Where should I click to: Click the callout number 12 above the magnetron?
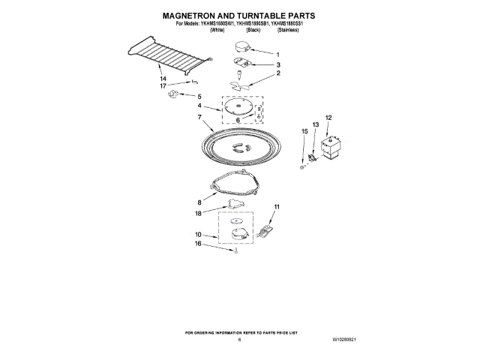point(328,117)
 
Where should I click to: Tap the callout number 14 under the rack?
point(163,78)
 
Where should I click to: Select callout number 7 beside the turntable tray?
point(199,117)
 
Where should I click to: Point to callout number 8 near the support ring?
point(199,202)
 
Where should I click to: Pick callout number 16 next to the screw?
point(199,244)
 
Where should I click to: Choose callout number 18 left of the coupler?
point(199,213)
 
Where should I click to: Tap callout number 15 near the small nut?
point(304,131)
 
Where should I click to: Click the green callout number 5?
point(199,96)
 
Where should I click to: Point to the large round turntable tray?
point(239,146)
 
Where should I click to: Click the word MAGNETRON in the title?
point(192,14)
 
